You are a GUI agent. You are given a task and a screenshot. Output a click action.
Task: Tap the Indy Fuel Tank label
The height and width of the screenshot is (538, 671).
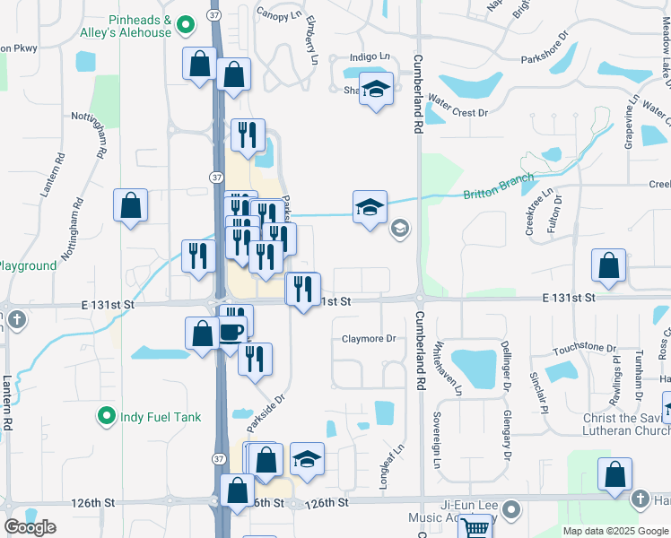click(x=162, y=417)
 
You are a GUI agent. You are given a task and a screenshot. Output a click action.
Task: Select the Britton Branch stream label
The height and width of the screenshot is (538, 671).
click(x=498, y=187)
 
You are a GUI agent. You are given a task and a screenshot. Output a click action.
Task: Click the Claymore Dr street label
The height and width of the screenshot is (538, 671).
click(x=369, y=339)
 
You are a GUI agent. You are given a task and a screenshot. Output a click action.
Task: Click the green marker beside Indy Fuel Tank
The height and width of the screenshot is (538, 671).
click(x=107, y=416)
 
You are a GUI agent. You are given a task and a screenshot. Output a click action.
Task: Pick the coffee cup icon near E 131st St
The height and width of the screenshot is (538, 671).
click(x=231, y=330)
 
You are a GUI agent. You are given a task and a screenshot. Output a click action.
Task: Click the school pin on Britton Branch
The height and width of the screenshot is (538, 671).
click(x=370, y=208)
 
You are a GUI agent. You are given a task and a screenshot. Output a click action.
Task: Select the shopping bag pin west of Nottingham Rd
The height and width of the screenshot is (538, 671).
click(x=131, y=205)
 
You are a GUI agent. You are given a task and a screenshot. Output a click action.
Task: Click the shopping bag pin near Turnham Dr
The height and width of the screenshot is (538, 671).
click(x=608, y=266)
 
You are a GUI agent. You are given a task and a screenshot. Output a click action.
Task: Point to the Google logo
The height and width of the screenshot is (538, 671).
click(x=30, y=527)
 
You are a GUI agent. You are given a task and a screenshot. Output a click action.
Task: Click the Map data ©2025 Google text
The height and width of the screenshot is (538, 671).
click(x=615, y=531)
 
